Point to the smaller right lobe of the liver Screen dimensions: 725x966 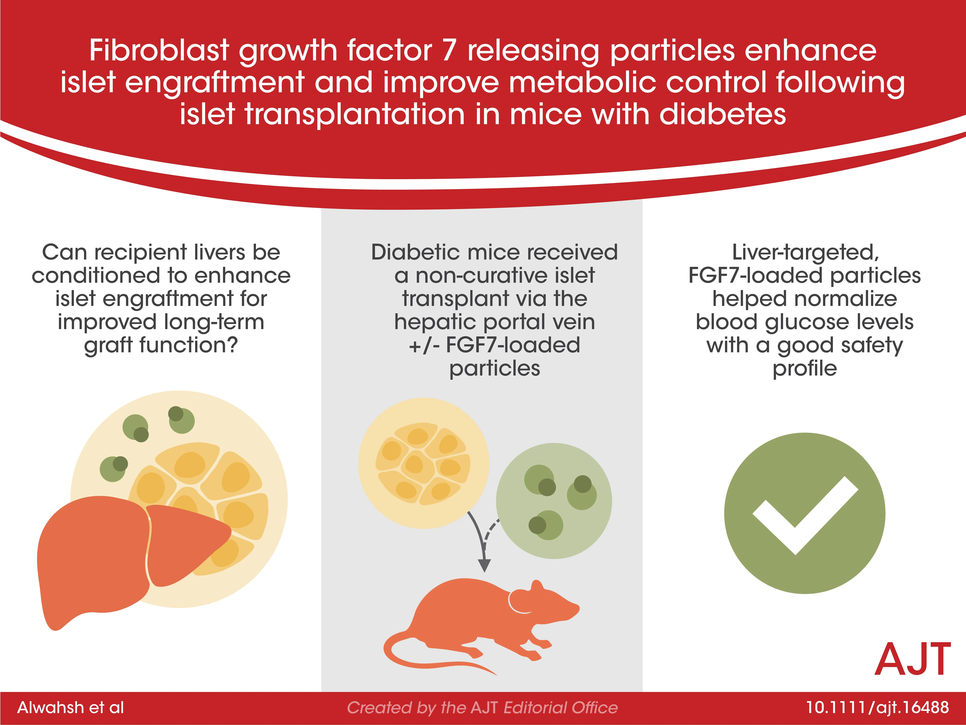183,542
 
